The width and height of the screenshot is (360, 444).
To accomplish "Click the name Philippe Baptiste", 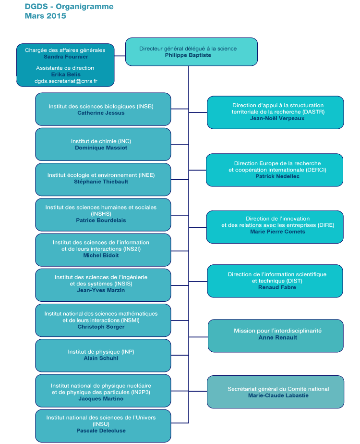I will pos(188,55).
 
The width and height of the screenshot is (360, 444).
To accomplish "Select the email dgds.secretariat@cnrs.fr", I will pos(66,81).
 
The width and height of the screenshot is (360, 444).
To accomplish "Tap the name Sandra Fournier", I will pos(66,57).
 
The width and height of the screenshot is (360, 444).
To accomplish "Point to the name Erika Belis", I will pos(66,74).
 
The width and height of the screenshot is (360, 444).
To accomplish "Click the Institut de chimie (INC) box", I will pos(103,144).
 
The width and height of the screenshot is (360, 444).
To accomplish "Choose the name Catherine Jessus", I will pos(101,113).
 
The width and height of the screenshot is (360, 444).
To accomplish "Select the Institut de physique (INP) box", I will pos(103,355).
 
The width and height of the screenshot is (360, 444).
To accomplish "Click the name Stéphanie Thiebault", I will pos(101,182).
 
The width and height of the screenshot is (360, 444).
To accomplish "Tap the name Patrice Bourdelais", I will pos(101,220).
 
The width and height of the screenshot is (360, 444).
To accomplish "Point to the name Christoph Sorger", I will pos(101,327).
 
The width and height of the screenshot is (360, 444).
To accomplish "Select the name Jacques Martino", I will pos(101,398).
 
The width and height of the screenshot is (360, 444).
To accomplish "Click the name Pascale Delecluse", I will pos(101,431).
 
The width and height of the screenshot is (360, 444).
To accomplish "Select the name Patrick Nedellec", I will pos(275,176).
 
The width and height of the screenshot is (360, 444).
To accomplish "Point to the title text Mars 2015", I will pos(45,16).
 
